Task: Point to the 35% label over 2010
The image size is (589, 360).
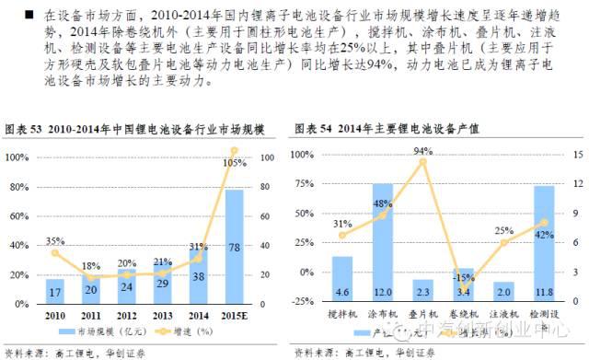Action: coord(55,241)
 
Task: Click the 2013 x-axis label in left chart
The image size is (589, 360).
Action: coord(163,316)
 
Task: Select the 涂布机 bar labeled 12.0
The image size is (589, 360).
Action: coord(383,241)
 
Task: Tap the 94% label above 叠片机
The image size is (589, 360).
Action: coord(423,151)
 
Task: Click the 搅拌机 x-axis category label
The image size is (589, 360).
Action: coord(343,315)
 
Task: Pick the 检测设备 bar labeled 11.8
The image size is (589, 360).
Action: coord(544,243)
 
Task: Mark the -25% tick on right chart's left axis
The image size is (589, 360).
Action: coord(304,302)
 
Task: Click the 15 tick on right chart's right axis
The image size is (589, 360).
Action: coord(577,154)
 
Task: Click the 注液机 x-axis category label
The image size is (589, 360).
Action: coord(503,315)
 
